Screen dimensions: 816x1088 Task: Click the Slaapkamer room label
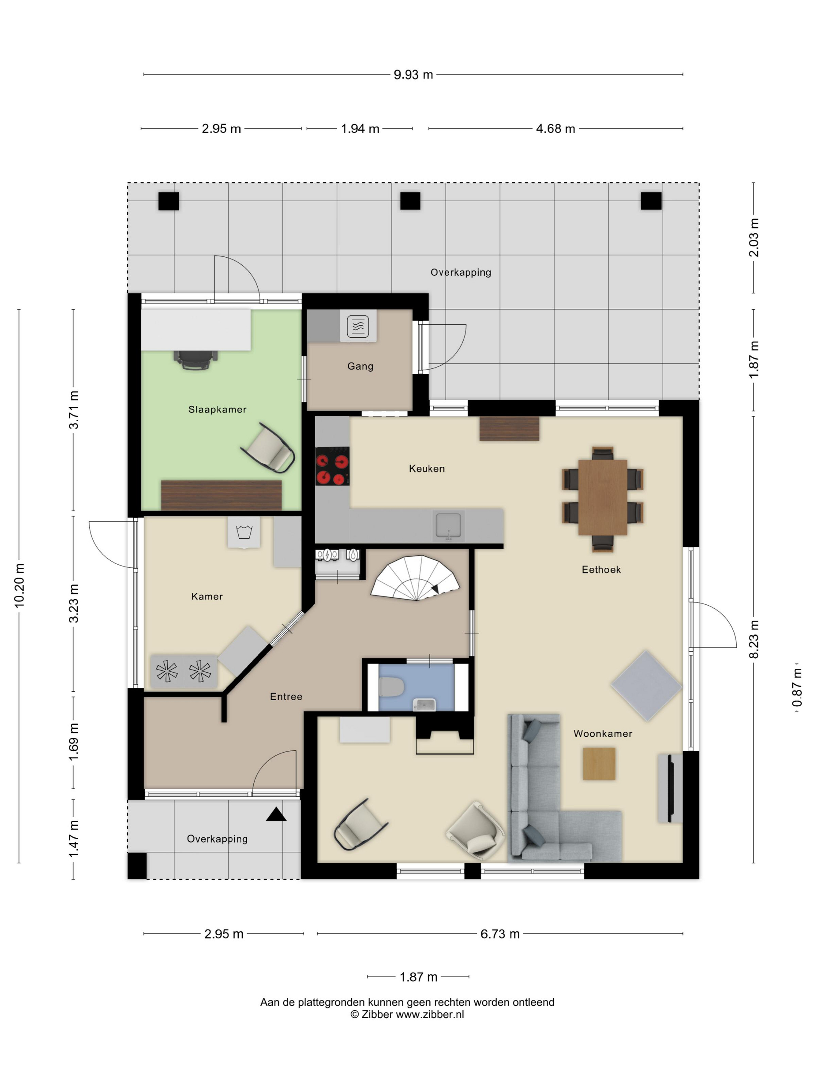point(217,409)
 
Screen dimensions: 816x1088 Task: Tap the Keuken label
point(426,468)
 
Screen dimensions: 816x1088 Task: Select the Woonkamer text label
point(603,733)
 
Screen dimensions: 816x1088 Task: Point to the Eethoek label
point(601,569)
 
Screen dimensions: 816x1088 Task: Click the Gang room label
point(360,366)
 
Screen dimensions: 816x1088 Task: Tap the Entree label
point(286,696)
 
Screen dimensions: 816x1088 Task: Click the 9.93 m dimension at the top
point(413,74)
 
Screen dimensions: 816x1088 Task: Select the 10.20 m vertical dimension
point(19,585)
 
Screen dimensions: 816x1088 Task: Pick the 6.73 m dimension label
point(500,934)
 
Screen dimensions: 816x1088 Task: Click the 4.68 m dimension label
point(555,128)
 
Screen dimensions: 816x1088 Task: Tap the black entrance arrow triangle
point(276,814)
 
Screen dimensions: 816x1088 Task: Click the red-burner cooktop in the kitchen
point(332,466)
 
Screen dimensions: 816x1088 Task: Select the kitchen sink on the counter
point(448,525)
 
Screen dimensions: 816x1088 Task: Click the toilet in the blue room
point(392,687)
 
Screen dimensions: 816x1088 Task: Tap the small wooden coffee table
point(599,764)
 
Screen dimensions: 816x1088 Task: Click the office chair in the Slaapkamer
point(195,359)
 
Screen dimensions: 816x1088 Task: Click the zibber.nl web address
point(430,1014)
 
